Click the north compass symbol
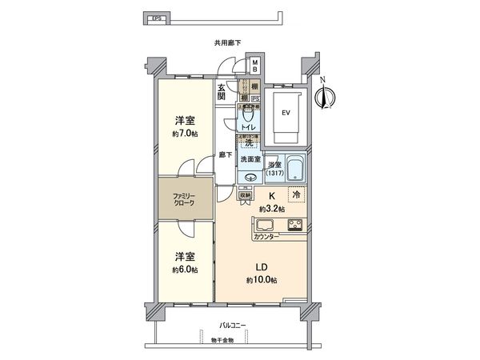(324, 97)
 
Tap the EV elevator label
(284, 112)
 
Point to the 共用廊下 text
(227, 43)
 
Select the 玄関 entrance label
(223, 94)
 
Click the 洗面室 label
(252, 158)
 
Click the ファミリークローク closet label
(185, 199)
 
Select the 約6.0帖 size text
(185, 270)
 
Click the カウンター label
(266, 238)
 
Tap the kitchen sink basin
(266, 223)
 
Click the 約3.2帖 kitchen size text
(272, 208)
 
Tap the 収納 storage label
(246, 194)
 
